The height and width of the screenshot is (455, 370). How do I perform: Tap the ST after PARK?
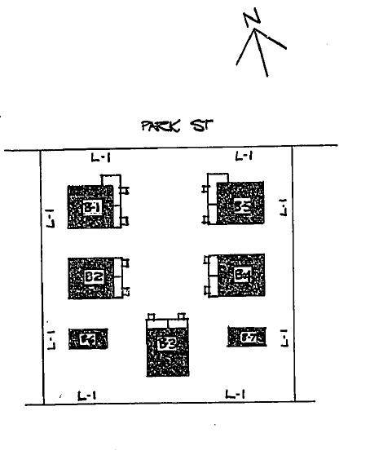coord(200,126)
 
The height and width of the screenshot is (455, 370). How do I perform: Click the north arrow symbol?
coord(259,51)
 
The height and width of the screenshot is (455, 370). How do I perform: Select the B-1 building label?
coord(92,208)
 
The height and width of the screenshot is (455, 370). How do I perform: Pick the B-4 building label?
coord(242,275)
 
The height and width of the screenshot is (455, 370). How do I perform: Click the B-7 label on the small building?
coord(247,336)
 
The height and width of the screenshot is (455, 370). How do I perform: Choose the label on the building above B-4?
coord(242,205)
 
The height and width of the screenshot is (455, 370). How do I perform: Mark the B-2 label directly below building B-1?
coord(93,276)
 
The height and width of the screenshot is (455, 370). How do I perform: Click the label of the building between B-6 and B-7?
coord(167,344)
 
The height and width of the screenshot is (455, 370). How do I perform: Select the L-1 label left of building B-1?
coord(51,218)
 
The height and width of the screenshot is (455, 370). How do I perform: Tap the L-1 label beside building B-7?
coord(284,336)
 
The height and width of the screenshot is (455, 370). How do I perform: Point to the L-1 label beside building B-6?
coord(51,335)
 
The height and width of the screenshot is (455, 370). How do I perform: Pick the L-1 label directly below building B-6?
coord(87,395)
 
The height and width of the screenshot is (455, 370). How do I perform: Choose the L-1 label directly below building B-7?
coord(234,395)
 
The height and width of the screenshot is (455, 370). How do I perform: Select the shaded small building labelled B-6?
coord(88,339)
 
